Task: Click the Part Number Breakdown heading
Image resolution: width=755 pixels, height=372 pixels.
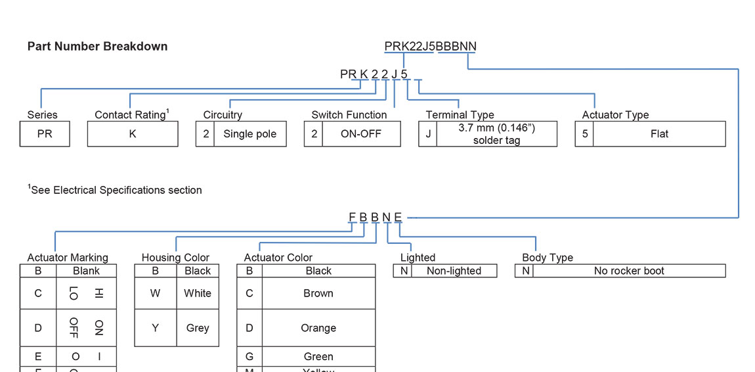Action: pos(97,47)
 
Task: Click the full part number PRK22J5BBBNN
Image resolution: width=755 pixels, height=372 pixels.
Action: pos(430,47)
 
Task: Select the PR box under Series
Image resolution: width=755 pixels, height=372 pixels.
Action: pos(45,133)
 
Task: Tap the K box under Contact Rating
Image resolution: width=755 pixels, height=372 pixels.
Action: pos(133,133)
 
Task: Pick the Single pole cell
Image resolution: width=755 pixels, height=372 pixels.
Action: pos(249,134)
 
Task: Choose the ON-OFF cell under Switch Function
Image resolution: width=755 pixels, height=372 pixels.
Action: pos(360,134)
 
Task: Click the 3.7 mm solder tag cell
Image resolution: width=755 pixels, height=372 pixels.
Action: pos(496,134)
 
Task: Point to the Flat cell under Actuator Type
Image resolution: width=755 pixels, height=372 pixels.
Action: pos(659,134)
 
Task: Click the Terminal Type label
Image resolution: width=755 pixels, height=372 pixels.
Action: pos(460,115)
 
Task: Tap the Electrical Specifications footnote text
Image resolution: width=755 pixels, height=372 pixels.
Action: pos(116,190)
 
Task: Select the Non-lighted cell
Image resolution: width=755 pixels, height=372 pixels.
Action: pos(454,271)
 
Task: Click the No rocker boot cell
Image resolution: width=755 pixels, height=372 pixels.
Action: pos(628,271)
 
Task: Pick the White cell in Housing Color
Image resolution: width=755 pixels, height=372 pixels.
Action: pos(197,293)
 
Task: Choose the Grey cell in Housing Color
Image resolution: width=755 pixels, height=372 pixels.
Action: pos(197,328)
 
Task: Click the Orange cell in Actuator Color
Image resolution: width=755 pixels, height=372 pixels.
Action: pos(318,328)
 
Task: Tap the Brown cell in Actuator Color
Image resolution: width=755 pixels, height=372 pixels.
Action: pos(318,293)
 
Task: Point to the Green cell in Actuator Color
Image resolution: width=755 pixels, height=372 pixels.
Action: pos(318,356)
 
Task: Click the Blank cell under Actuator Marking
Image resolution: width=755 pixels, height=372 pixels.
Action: pos(86,271)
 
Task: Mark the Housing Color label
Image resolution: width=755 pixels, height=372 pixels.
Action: pos(175,258)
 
